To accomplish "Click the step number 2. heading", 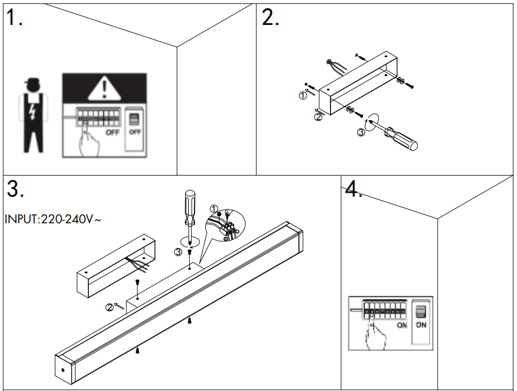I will click(270, 18).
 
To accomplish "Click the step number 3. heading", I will click(15, 190).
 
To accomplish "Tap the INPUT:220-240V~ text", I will click(53, 219).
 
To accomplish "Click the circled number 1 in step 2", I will click(303, 96).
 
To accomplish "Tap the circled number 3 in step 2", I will click(361, 133).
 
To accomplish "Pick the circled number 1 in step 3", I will click(214, 209).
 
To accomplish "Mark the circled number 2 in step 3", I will click(109, 308).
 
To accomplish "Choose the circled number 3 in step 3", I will click(177, 252).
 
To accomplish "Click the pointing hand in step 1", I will click(88, 142).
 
